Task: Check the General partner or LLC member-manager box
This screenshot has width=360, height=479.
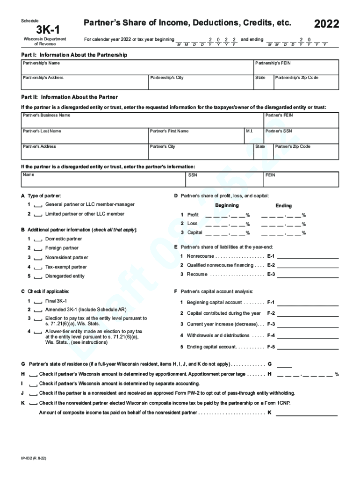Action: (38, 205)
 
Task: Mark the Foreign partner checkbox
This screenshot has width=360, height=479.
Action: (38, 248)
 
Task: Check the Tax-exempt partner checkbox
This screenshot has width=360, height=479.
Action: (38, 267)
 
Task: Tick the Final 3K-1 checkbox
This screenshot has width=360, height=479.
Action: (38, 301)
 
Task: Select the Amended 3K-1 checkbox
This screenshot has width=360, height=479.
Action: (38, 310)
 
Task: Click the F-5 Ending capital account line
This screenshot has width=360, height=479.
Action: (308, 347)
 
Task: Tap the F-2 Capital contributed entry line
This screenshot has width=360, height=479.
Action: (308, 313)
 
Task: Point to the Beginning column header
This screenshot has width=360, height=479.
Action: (227, 205)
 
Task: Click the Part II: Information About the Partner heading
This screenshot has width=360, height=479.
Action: (66, 97)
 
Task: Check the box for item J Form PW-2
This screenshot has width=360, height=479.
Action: (33, 394)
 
